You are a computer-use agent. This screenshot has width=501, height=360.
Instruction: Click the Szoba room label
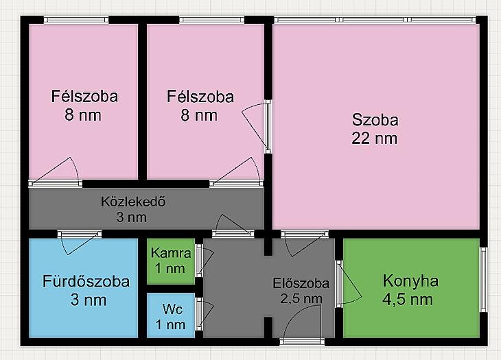tap(375, 120)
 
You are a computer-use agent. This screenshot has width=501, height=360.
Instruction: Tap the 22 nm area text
tap(375, 139)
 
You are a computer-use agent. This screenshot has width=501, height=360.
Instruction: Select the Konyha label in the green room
tap(410, 282)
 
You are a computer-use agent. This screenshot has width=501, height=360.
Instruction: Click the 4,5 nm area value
tap(408, 300)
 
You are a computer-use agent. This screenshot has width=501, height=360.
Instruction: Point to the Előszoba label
tap(301, 283)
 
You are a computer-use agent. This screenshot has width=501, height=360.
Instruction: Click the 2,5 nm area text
tap(301, 299)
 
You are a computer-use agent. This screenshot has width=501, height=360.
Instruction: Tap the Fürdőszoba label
tap(86, 282)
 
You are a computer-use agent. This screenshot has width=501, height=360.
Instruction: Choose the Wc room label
tap(172, 309)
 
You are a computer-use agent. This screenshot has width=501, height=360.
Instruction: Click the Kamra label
tap(171, 253)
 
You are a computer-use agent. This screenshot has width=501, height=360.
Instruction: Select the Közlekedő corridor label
tap(133, 202)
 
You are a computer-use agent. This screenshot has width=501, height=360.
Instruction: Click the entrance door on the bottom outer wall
tap(302, 328)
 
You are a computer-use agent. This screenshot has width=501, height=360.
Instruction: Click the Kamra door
tap(204, 261)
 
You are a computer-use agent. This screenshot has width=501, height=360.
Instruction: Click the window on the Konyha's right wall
tap(483, 280)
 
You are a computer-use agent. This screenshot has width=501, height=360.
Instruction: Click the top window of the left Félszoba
tap(76, 20)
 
